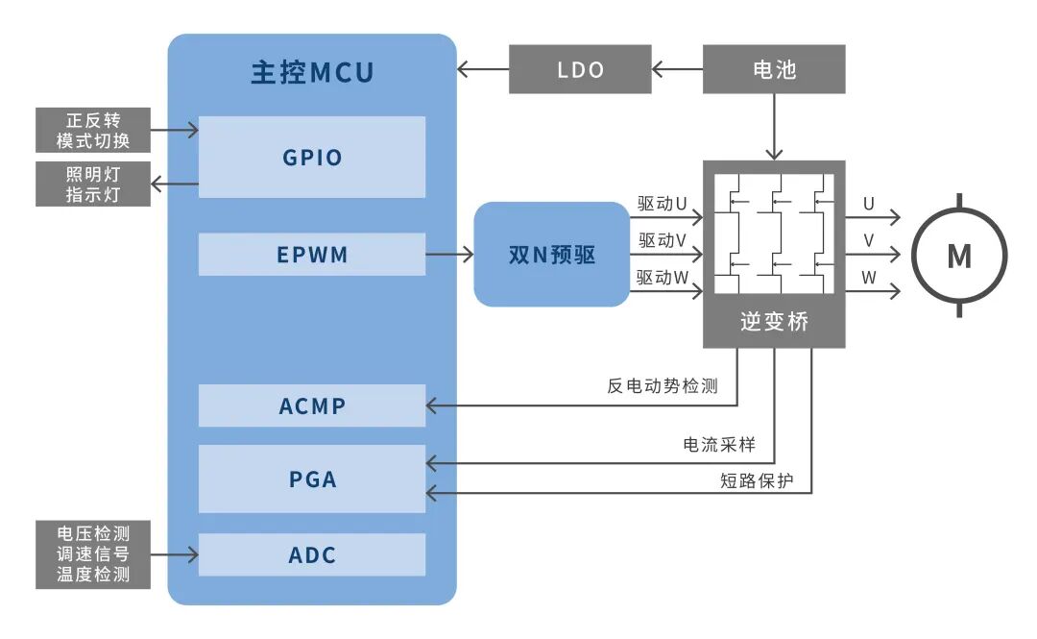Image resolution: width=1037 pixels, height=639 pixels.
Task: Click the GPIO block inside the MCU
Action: [312, 157]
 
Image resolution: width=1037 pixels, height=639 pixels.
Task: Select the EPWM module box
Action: [312, 255]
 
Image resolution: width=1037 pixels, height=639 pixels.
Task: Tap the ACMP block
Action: [312, 406]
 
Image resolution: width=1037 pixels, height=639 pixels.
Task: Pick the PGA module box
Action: [312, 478]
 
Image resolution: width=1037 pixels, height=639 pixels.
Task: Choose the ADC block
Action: [312, 554]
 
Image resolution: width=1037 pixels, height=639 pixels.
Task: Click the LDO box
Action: [580, 70]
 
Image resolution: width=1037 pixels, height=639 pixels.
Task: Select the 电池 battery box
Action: [774, 70]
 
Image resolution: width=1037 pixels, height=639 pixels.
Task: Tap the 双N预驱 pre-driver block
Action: [551, 255]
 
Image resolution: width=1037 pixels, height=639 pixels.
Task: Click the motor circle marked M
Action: [958, 256]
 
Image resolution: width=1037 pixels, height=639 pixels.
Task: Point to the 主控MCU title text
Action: [312, 73]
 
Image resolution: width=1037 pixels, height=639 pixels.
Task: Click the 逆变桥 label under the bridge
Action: [774, 322]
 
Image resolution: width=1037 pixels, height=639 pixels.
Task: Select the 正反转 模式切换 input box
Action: [94, 131]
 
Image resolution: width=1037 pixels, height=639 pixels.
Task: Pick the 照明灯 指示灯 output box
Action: [94, 184]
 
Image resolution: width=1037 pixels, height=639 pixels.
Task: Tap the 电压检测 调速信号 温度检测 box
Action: [94, 554]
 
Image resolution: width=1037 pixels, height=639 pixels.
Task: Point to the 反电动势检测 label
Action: [662, 385]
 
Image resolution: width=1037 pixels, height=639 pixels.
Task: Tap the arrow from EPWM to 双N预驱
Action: [449, 255]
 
